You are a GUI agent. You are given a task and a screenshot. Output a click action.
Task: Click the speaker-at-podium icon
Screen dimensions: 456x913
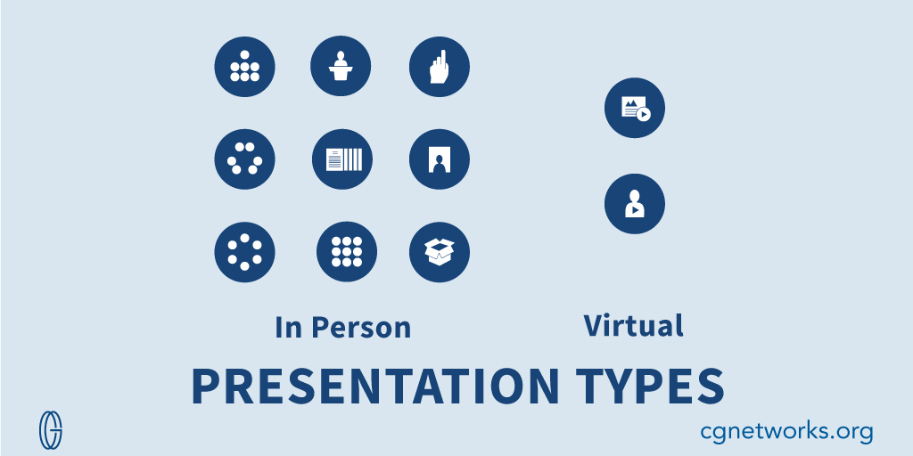[x=340, y=67]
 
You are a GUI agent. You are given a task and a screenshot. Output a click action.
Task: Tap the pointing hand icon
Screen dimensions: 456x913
[x=439, y=67]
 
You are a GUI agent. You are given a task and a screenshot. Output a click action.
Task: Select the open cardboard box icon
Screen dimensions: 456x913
[x=439, y=252]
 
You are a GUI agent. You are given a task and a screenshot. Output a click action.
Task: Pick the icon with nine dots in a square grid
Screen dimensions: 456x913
[x=346, y=252]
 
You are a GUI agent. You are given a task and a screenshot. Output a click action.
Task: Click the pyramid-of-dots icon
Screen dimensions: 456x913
[x=244, y=67]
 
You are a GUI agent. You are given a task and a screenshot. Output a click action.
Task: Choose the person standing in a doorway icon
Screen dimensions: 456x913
[x=439, y=159]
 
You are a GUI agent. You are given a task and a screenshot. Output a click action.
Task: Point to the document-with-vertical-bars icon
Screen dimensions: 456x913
[x=342, y=159]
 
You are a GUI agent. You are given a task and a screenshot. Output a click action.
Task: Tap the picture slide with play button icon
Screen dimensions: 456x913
[x=634, y=108]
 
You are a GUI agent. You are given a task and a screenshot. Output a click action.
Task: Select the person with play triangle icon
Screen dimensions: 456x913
[x=634, y=204]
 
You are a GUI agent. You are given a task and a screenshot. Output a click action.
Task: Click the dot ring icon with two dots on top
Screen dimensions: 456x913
[x=244, y=159]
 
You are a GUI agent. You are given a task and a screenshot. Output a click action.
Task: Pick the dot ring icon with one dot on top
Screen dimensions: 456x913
[x=244, y=252]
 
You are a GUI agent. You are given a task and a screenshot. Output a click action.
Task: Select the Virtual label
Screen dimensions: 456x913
[x=633, y=325]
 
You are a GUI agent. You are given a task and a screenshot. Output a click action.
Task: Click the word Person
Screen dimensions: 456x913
[x=361, y=327]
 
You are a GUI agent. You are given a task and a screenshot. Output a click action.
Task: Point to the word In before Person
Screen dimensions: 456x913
[x=288, y=327]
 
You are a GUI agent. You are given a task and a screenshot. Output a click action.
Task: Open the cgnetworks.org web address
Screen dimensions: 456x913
[x=786, y=432]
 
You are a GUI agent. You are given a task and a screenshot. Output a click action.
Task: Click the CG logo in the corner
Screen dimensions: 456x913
[x=51, y=430]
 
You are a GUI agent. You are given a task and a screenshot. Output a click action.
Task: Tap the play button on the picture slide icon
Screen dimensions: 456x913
[x=644, y=114]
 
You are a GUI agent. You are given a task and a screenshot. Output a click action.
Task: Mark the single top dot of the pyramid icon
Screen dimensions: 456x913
[x=244, y=55]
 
